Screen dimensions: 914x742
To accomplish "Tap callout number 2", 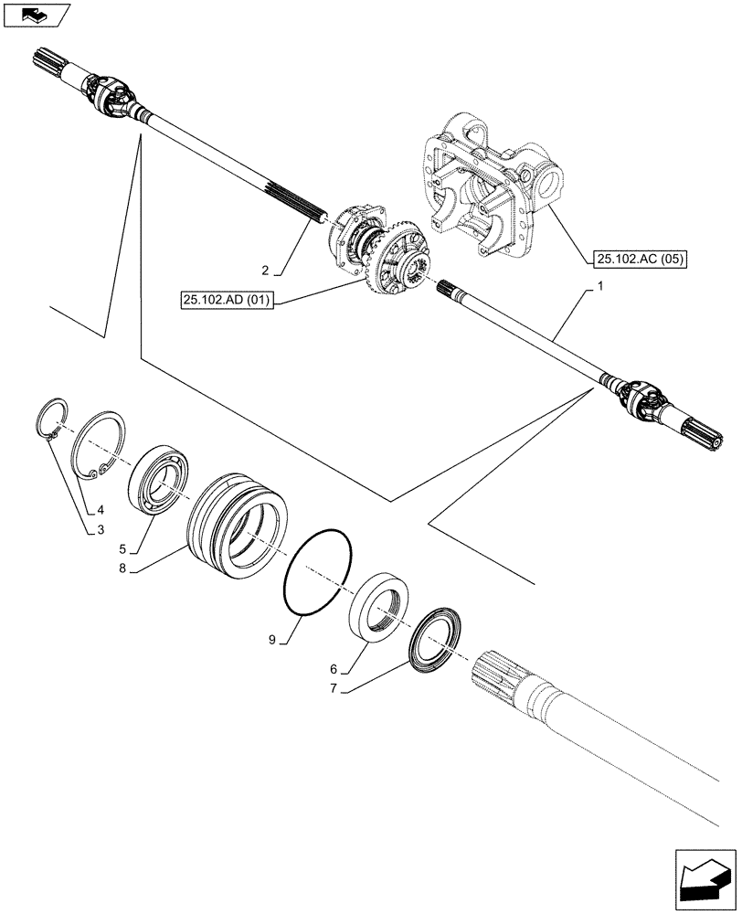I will coord(265,270).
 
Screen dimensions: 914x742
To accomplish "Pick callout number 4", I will coord(101,511).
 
